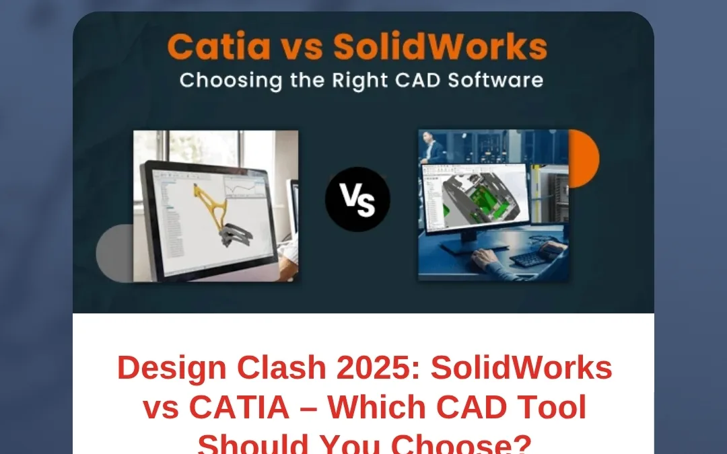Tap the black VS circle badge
tap(357, 200)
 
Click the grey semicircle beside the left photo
tap(114, 253)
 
